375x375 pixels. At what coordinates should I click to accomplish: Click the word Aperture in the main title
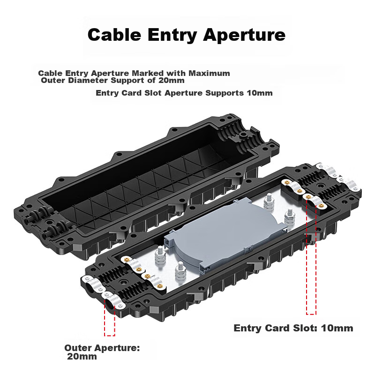tap(244, 35)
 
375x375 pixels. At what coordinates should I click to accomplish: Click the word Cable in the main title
tap(114, 35)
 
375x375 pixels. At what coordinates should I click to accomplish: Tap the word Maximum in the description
tap(209, 73)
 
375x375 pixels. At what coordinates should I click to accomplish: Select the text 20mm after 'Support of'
tap(172, 80)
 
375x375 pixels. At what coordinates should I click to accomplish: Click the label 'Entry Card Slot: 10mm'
tap(293, 328)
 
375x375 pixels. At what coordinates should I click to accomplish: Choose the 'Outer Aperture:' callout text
tap(102, 348)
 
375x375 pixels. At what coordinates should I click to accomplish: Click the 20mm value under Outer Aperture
tap(82, 357)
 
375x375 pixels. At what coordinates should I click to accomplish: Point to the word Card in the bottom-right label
tap(277, 328)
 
